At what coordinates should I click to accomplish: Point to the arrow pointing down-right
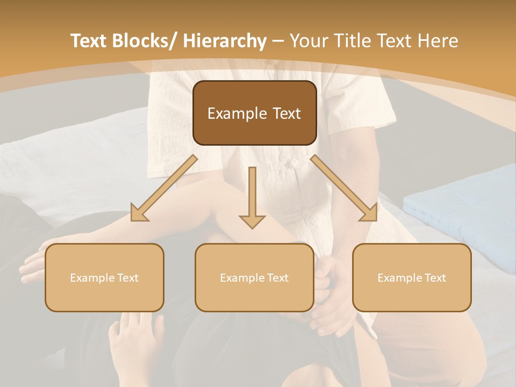344,189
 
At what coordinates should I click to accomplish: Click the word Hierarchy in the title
225,41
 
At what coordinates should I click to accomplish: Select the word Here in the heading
438,41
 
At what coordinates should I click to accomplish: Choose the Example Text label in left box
104,278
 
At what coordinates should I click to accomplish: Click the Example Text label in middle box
254,278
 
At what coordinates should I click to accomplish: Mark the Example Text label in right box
412,278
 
